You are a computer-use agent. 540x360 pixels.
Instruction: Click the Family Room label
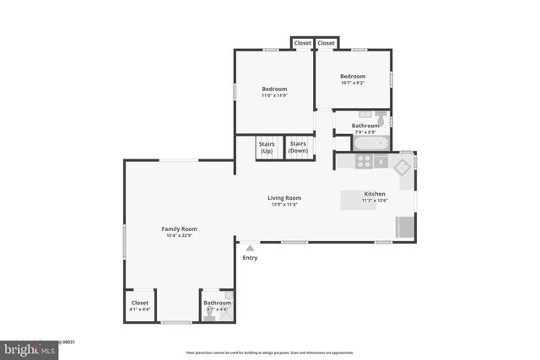179,228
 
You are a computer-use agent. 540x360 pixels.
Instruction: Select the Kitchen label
375,194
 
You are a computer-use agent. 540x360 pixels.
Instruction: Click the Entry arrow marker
250,248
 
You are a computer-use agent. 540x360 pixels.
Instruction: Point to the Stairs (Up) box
267,148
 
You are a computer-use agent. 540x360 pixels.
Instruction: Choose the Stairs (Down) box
298,148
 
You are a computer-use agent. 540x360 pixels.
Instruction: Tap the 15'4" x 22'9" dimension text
179,235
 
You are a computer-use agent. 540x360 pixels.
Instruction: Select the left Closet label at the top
302,43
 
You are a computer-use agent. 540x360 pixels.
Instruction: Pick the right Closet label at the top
327,43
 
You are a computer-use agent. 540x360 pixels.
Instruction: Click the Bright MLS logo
25,347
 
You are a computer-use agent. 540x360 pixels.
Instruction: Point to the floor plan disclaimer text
270,352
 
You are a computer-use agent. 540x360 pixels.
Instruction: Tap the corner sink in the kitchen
404,166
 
